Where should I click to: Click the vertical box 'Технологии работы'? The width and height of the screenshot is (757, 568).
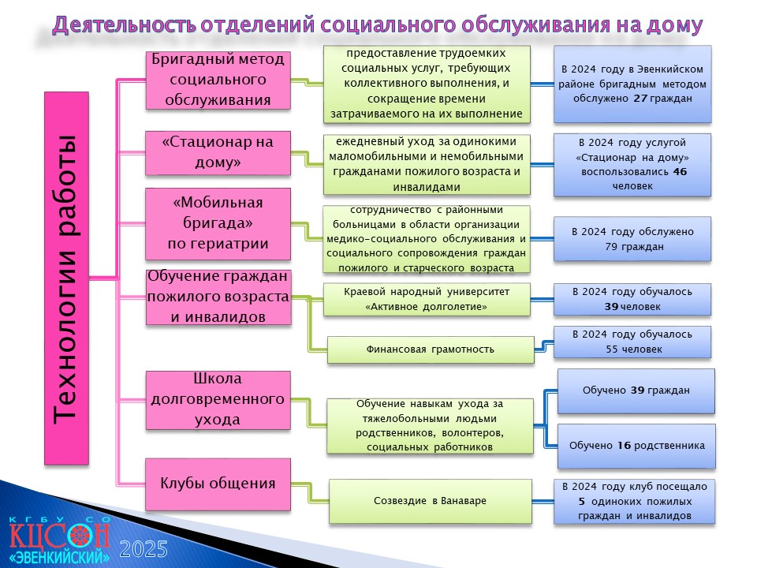[x=66, y=278]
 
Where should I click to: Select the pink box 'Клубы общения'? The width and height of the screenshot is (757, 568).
[x=218, y=484]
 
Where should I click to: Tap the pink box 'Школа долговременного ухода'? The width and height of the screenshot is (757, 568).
[x=218, y=400]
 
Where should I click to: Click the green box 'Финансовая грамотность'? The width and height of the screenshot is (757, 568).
[x=431, y=349]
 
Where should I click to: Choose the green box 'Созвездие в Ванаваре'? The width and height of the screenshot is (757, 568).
[x=431, y=501]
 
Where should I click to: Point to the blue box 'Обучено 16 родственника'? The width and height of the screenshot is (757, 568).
[x=636, y=446]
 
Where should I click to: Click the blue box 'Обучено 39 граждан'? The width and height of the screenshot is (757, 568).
[x=636, y=390]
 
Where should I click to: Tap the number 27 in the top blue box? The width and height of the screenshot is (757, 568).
[x=640, y=99]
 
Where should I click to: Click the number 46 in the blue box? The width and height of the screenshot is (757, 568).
[x=680, y=172]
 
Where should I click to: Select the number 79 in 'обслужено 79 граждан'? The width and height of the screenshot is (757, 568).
[x=611, y=247]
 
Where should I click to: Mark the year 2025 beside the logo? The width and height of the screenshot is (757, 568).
[x=144, y=550]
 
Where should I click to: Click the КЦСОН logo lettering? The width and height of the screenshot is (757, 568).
[x=59, y=536]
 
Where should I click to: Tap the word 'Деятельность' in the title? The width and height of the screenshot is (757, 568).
[x=125, y=24]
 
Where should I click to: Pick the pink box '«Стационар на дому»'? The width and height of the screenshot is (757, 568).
[x=218, y=152]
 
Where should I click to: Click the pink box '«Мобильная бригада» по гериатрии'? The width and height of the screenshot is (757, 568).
[x=218, y=223]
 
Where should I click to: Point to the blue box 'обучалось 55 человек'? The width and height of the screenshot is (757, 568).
[x=632, y=342]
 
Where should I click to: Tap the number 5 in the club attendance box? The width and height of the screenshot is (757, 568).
[x=582, y=502]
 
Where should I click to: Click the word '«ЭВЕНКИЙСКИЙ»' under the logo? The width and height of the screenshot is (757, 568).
[x=59, y=557]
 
